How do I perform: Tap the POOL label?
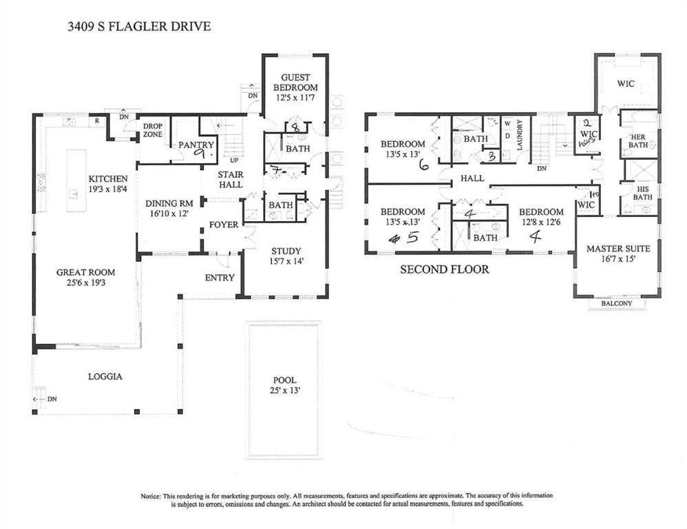(284, 380)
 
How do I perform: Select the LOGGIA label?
(105, 376)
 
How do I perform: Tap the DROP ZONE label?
(152, 130)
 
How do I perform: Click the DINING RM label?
(168, 204)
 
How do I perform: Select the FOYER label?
(224, 225)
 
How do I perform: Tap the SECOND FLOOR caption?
(445, 269)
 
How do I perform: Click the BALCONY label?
(617, 303)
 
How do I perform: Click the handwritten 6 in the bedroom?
(423, 165)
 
